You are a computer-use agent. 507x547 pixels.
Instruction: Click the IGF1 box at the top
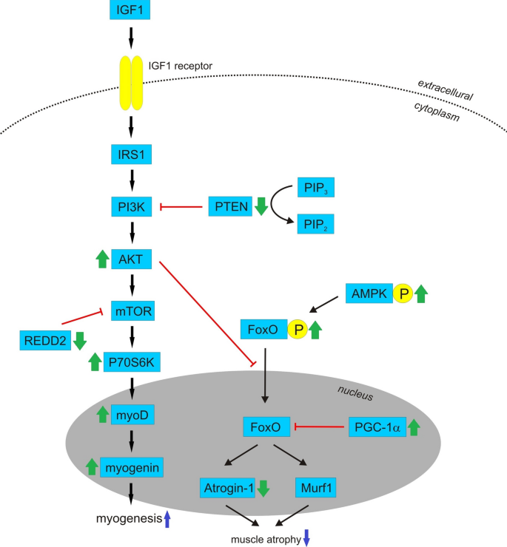point(130,11)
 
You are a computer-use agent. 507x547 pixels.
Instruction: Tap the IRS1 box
point(130,155)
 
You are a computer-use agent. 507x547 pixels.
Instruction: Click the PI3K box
point(130,207)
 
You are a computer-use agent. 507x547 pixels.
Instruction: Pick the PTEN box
point(229,207)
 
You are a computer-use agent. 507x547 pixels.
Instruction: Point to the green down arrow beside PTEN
point(261,207)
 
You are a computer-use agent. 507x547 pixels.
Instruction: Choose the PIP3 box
point(315,187)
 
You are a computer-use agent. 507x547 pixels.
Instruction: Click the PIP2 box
point(315,223)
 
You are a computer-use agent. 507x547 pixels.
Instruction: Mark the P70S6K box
point(131,361)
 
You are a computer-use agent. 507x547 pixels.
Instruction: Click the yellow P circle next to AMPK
point(405,294)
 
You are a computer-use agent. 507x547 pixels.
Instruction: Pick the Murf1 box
point(317,487)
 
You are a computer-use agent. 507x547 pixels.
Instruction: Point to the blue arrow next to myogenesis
point(167,520)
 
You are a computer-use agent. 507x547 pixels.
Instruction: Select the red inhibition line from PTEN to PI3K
point(181,207)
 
